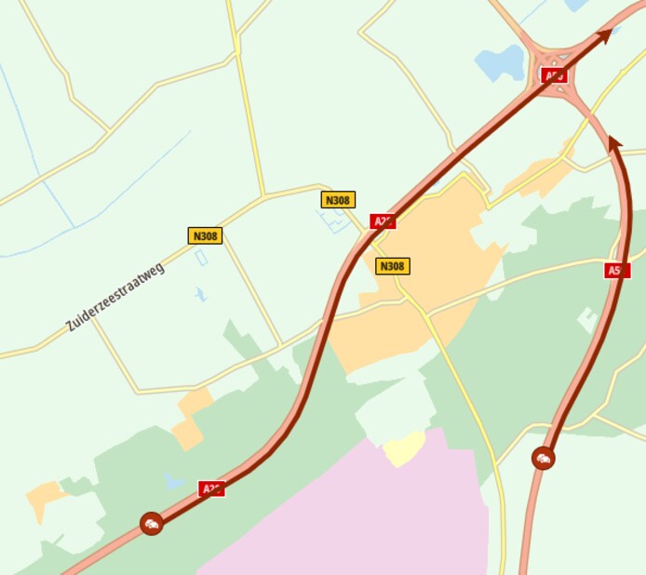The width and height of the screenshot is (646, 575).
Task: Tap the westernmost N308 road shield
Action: click(x=205, y=235)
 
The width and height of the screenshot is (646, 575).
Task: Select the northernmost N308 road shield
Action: click(x=338, y=199)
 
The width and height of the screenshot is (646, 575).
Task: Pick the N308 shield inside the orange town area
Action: click(x=392, y=266)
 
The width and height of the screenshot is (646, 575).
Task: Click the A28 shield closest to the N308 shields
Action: click(x=383, y=221)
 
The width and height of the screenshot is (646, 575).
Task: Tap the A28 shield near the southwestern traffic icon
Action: click(x=211, y=488)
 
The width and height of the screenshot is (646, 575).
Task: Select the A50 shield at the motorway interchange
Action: click(x=554, y=75)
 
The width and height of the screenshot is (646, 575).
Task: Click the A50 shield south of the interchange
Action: click(x=616, y=270)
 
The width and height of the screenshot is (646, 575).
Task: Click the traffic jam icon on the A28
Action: click(x=152, y=524)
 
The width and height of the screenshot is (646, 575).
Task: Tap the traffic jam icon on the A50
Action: click(x=544, y=458)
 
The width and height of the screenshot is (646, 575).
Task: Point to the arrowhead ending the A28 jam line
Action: click(x=604, y=36)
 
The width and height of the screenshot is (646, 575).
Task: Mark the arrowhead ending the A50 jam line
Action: click(x=613, y=142)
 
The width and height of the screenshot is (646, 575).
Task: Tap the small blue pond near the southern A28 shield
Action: click(x=173, y=481)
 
